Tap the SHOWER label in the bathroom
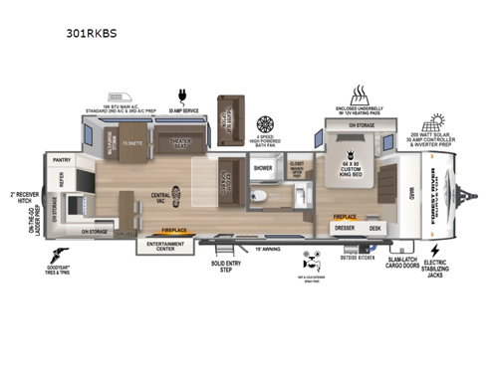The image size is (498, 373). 262,168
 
